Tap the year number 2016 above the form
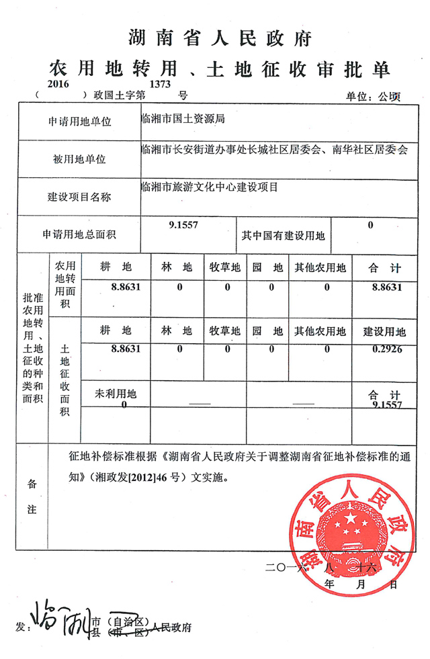click(x=59, y=84)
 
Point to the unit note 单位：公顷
click(x=372, y=97)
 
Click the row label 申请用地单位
click(x=79, y=122)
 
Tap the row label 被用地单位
click(x=79, y=160)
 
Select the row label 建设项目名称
click(x=79, y=197)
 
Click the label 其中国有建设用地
click(x=283, y=236)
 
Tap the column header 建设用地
click(x=385, y=332)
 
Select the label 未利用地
click(x=117, y=394)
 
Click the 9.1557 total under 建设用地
click(x=386, y=405)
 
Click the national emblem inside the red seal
click(x=347, y=525)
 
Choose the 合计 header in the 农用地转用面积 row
click(x=385, y=268)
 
